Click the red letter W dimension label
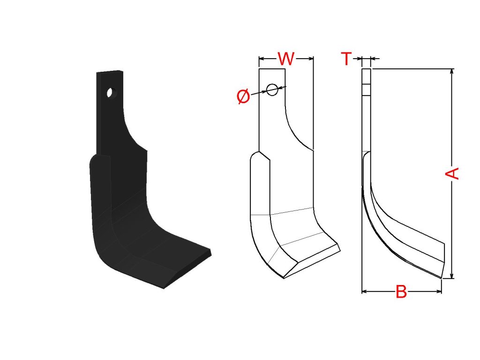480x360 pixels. click(x=286, y=59)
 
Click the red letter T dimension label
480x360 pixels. click(x=346, y=59)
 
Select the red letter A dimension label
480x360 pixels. click(x=452, y=173)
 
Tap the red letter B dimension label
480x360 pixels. click(x=401, y=292)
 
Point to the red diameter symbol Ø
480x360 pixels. click(x=244, y=97)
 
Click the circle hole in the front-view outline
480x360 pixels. click(x=272, y=90)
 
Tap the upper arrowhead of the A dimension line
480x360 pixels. click(x=452, y=72)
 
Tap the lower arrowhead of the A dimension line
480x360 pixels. click(x=452, y=276)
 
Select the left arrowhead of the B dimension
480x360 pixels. click(x=365, y=292)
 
